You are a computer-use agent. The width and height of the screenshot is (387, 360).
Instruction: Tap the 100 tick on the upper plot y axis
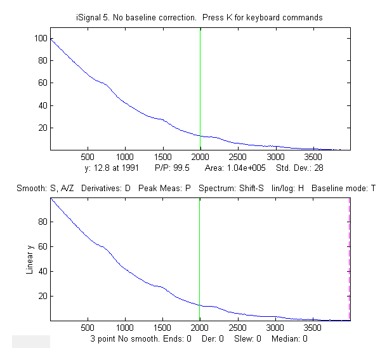click(42, 39)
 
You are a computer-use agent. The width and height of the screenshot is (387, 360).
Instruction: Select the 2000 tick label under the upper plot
click(200, 156)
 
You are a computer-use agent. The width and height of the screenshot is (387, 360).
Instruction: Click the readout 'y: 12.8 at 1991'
click(115, 170)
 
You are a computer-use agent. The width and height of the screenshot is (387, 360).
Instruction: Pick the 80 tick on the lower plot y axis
click(43, 222)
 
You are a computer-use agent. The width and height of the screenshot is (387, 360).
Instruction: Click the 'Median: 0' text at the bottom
click(289, 339)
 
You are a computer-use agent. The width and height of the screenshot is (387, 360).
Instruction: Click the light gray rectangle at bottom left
click(30, 342)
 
